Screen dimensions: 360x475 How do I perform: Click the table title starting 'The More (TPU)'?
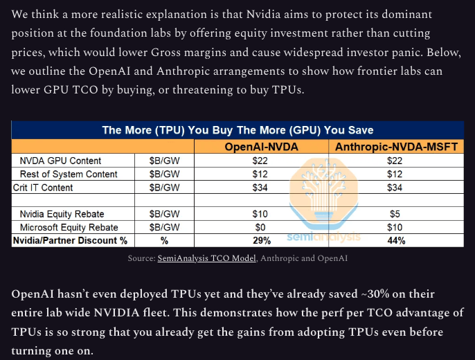(x=238, y=130)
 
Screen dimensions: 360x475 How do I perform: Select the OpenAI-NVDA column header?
(x=260, y=147)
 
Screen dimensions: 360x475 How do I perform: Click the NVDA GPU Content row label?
(x=60, y=161)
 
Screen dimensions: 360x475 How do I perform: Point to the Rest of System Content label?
(x=69, y=174)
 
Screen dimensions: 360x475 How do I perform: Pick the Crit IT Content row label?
(x=43, y=187)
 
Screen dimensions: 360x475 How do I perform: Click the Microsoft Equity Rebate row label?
(x=69, y=227)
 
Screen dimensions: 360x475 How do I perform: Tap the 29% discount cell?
(x=260, y=240)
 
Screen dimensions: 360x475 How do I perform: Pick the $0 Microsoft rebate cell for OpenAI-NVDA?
(x=260, y=227)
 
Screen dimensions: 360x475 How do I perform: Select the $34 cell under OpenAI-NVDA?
(x=260, y=187)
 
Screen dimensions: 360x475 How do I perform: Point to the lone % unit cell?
(x=165, y=240)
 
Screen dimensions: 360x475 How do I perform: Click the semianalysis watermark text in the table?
(x=323, y=237)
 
